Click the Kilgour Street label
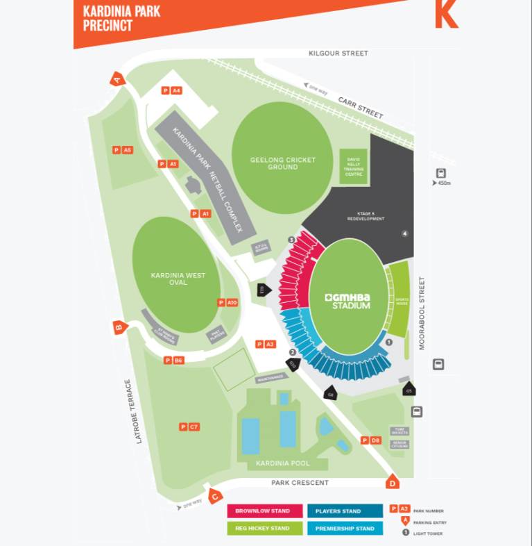[x=338, y=53]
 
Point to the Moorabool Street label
[x=421, y=313]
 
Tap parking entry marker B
[x=119, y=328]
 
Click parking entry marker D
[x=393, y=482]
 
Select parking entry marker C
[x=215, y=496]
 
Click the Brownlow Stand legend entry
[x=264, y=511]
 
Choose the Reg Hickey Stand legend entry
[x=264, y=529]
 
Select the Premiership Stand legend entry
[x=345, y=529]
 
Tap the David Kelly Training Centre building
[x=354, y=165]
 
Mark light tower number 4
[x=404, y=233]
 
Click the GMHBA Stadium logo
[x=348, y=301]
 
